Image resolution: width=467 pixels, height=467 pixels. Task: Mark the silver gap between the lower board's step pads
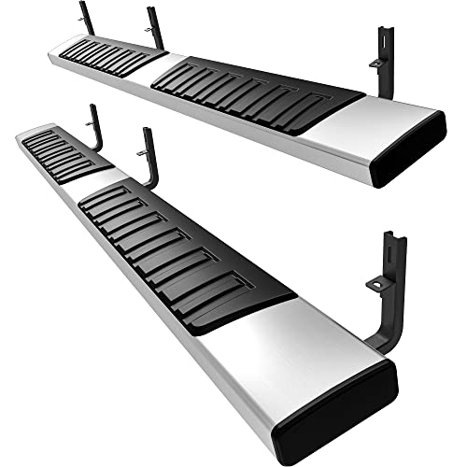point(93,182)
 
